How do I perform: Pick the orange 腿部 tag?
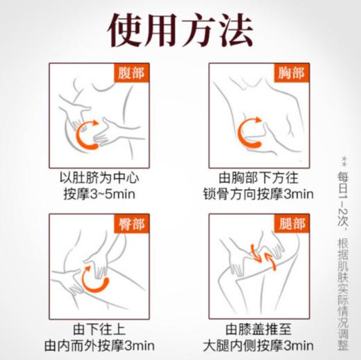pyautogui.click(x=289, y=224)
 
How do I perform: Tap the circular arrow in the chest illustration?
pyautogui.click(x=250, y=131)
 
